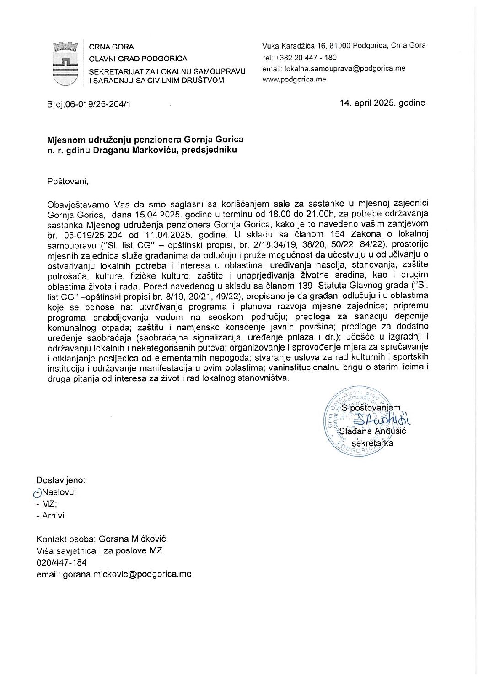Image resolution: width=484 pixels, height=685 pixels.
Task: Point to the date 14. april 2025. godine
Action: pos(382,102)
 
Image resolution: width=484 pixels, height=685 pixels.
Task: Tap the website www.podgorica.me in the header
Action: pos(294,79)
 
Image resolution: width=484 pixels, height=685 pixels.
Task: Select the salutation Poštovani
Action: pos(68,181)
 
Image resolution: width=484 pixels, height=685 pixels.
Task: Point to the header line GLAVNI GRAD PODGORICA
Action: pos(138,59)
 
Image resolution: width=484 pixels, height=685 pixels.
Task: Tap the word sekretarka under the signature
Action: pos(372,443)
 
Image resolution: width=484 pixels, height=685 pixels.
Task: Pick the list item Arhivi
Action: pos(54,516)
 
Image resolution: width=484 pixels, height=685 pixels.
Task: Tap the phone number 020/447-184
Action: pos(61,562)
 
